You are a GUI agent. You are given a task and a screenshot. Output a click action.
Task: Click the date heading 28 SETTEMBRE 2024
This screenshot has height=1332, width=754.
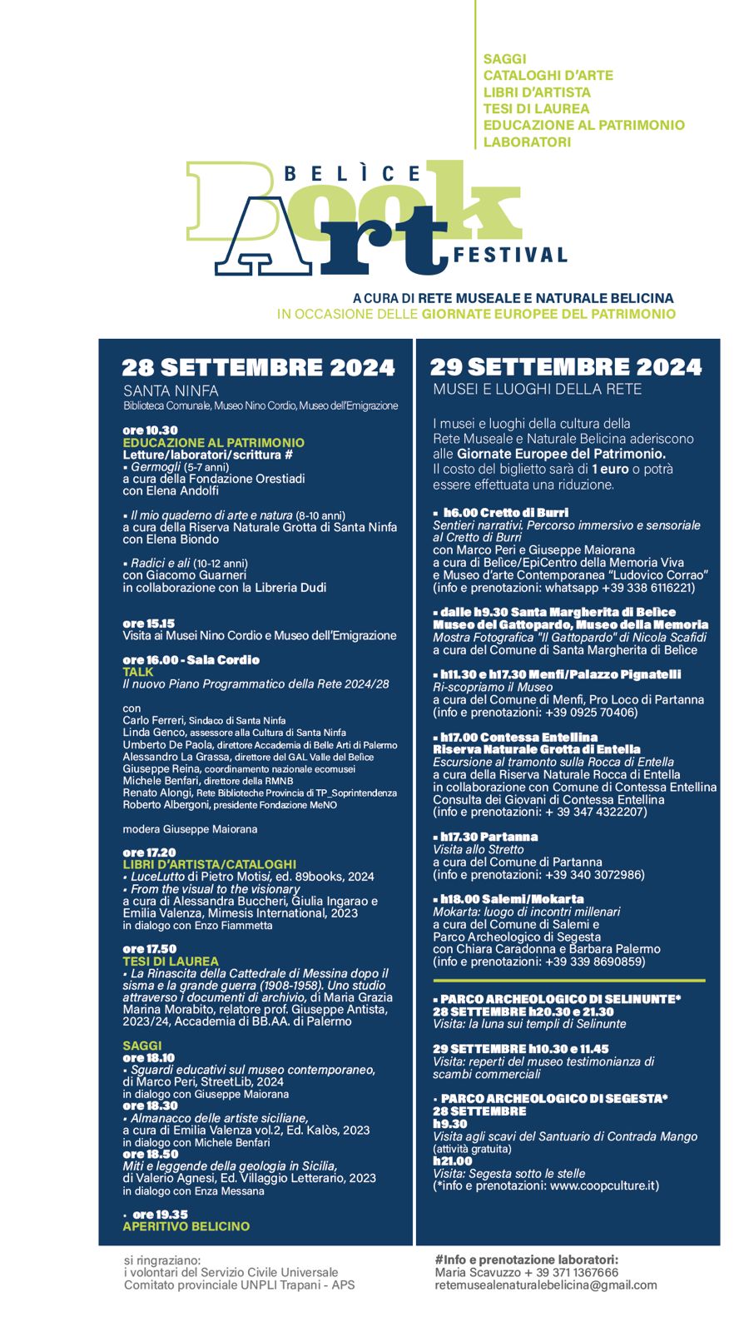click(258, 367)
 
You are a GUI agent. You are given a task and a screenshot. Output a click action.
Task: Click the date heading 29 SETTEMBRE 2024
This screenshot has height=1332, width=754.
click(566, 367)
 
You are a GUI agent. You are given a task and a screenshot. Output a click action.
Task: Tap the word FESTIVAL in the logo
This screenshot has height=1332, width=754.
click(510, 255)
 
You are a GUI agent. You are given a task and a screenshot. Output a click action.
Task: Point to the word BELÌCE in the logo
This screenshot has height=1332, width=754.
click(353, 174)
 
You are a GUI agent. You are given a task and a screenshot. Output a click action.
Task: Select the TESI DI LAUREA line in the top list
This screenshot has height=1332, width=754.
click(536, 108)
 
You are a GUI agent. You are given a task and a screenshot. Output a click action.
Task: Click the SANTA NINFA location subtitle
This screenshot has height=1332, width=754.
click(171, 390)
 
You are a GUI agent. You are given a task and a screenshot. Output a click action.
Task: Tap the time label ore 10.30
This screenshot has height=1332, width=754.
click(150, 430)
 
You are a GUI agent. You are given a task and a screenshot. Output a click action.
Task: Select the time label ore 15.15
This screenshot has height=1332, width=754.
click(148, 624)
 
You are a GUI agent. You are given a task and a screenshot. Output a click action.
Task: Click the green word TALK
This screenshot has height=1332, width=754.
click(138, 672)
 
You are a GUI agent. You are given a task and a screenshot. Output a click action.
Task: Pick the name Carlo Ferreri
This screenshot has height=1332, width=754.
click(153, 720)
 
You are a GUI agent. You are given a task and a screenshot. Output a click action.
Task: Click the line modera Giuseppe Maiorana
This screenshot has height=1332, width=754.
click(190, 829)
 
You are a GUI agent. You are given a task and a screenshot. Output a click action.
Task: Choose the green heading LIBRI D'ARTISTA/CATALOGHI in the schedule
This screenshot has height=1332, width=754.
click(209, 865)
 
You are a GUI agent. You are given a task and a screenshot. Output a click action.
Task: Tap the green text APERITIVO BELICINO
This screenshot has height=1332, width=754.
click(186, 1226)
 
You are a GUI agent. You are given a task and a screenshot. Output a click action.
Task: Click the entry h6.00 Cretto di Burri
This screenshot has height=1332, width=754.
click(505, 513)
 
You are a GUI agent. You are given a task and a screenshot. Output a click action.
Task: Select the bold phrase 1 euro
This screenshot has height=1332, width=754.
click(610, 470)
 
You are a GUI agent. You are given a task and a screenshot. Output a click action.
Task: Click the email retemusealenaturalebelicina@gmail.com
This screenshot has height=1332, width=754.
click(545, 1285)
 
